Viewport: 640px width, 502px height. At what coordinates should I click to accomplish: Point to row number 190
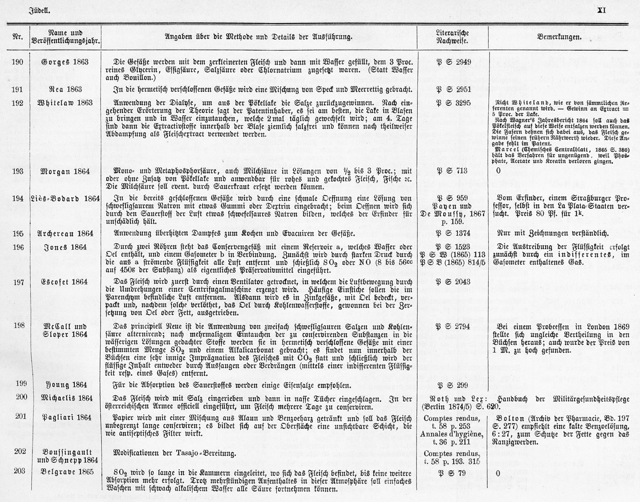[x=18, y=62]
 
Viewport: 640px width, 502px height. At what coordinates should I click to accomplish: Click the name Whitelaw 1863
[x=65, y=103]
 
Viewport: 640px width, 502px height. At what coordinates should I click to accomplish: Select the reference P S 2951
[x=453, y=89]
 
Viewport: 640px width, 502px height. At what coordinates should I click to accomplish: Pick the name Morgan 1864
[x=65, y=171]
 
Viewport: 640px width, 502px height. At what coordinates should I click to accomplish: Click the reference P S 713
[x=453, y=171]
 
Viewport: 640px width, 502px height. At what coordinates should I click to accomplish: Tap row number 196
[x=18, y=247]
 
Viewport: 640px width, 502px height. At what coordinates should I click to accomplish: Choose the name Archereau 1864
[x=65, y=233]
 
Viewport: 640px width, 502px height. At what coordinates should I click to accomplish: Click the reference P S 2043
[x=453, y=282]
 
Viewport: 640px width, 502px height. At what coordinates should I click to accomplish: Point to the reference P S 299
[x=453, y=385]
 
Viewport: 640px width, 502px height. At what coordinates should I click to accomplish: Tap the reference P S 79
[x=453, y=473]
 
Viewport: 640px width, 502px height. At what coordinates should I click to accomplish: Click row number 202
[x=20, y=451]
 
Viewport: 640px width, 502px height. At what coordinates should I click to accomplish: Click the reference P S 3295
[x=453, y=103]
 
